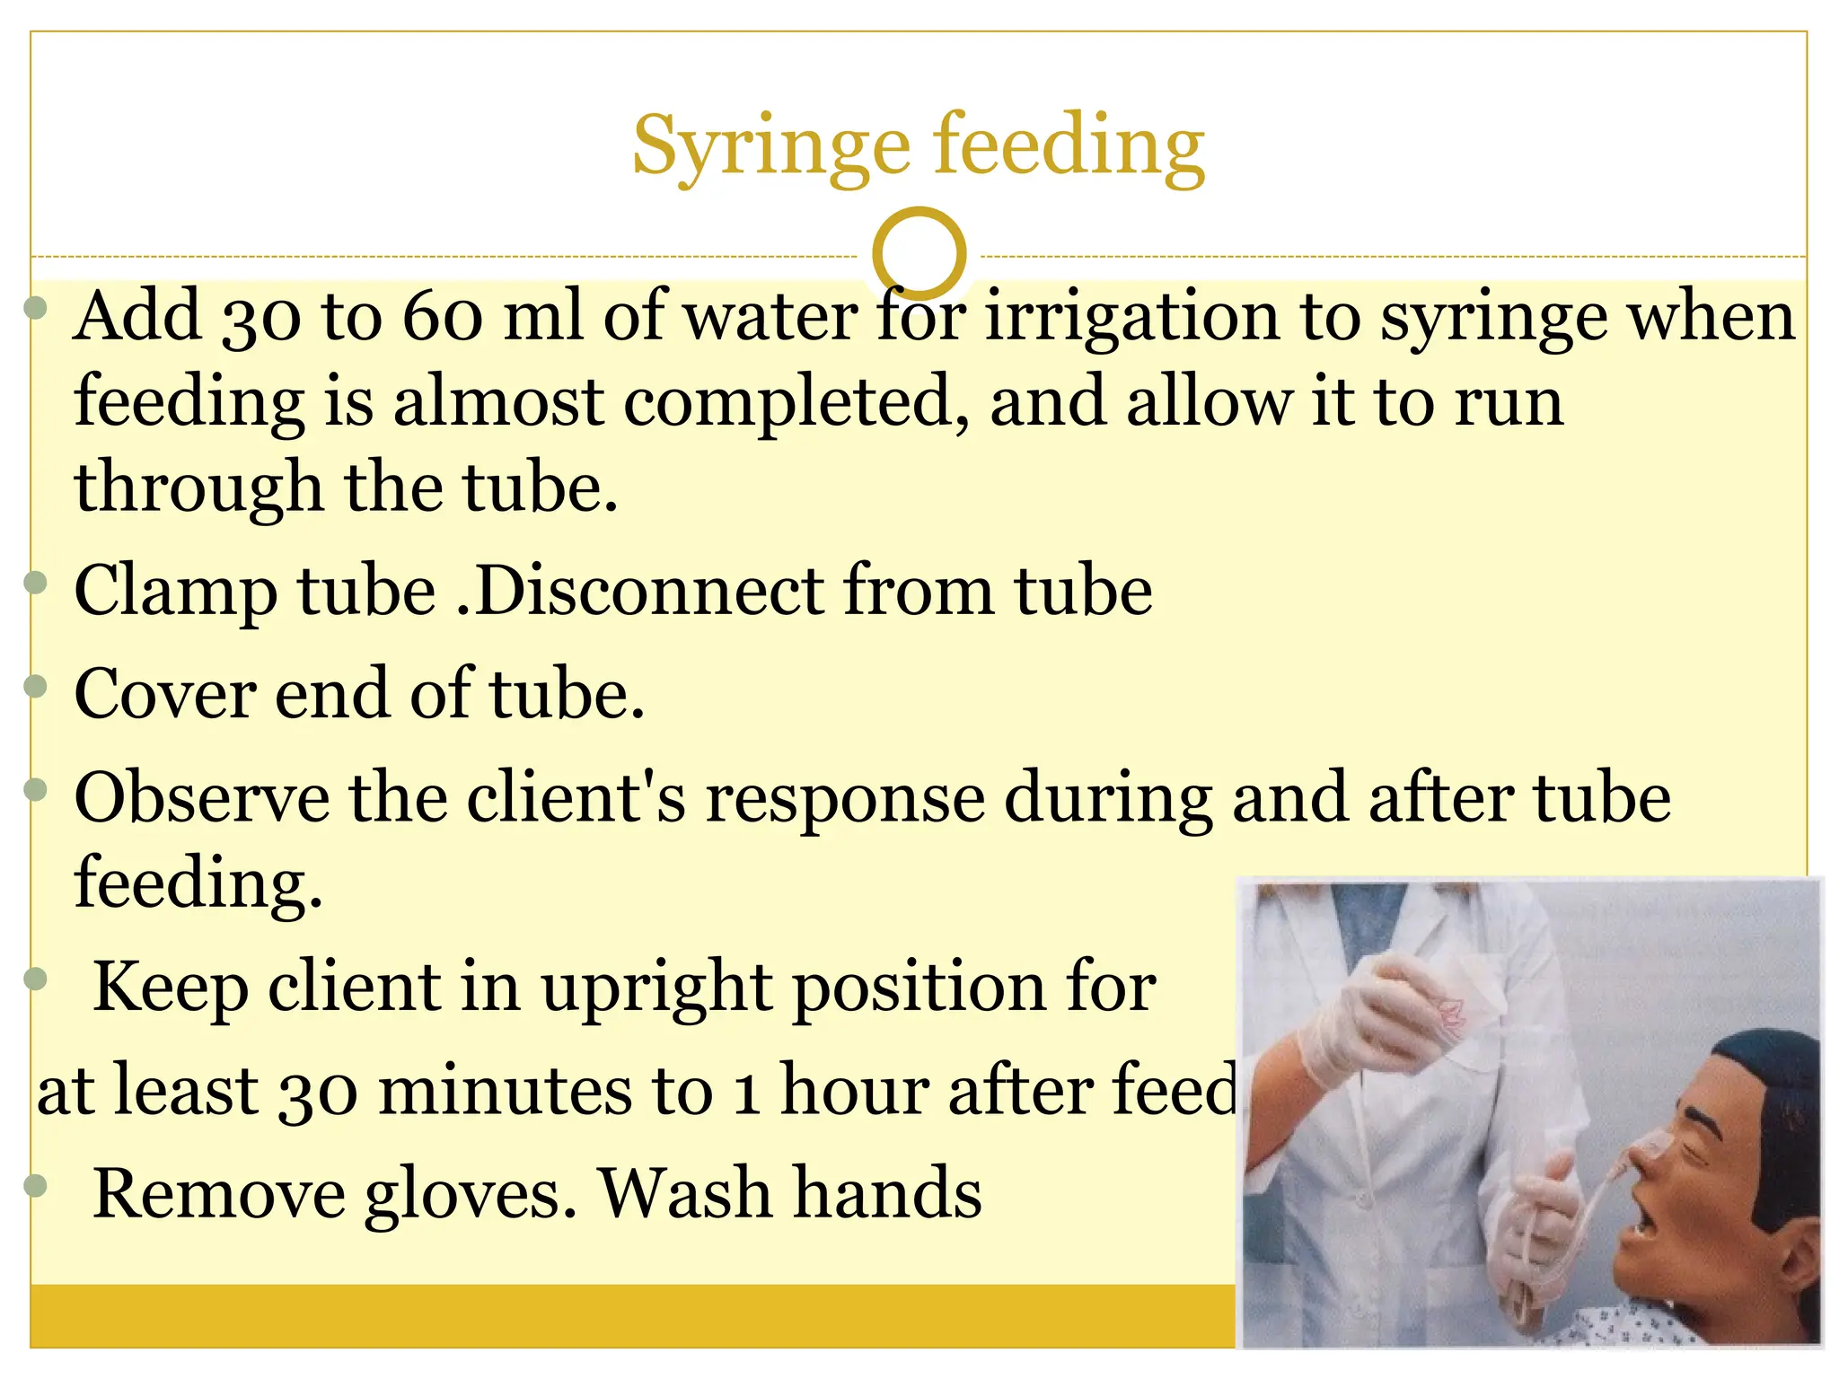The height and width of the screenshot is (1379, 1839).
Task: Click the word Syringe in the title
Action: [x=770, y=145]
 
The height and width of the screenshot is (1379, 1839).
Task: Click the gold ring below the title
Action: [x=919, y=253]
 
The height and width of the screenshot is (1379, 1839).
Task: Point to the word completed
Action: [x=796, y=401]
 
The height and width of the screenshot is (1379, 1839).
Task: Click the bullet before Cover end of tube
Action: [x=35, y=687]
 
